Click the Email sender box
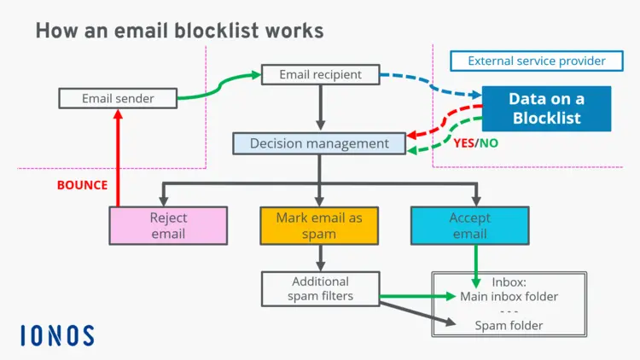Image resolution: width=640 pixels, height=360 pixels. (118, 98)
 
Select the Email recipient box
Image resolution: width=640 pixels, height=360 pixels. (320, 75)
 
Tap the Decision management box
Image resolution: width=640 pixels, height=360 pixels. (319, 143)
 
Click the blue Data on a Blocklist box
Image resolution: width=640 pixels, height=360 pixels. (546, 108)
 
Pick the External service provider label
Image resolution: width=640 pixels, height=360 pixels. (537, 61)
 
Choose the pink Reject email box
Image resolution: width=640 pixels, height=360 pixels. (168, 225)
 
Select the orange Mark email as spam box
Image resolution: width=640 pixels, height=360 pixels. (319, 225)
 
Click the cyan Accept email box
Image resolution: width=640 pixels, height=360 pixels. (469, 225)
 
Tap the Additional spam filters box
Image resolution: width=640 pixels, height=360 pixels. (320, 288)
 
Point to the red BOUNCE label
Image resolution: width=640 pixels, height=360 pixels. (82, 184)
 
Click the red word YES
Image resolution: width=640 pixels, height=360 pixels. (463, 143)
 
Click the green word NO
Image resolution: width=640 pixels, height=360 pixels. (489, 143)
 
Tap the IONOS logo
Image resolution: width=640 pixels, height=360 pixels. (57, 335)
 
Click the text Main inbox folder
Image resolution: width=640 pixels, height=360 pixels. (509, 297)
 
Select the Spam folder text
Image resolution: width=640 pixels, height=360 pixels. (509, 325)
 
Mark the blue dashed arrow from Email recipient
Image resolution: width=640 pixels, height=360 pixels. (431, 81)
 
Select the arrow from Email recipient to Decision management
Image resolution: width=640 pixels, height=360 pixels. (320, 107)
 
